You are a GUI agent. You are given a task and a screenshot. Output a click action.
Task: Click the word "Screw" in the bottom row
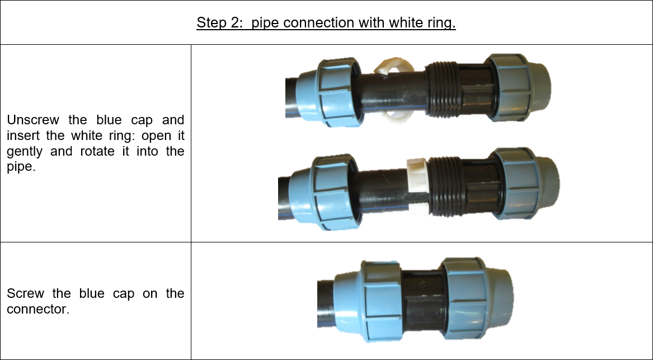[x=25, y=294]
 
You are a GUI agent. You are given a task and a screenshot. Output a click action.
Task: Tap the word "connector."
[x=38, y=310]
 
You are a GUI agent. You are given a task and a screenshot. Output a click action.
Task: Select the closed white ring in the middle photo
[x=417, y=186]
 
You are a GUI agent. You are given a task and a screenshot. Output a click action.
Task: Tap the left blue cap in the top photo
[x=329, y=92]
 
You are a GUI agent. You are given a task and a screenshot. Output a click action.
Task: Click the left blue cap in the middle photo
[x=324, y=192]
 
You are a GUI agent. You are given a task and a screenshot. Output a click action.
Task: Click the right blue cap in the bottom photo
[x=477, y=298]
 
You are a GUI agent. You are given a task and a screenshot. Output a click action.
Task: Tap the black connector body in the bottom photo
[x=421, y=300]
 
